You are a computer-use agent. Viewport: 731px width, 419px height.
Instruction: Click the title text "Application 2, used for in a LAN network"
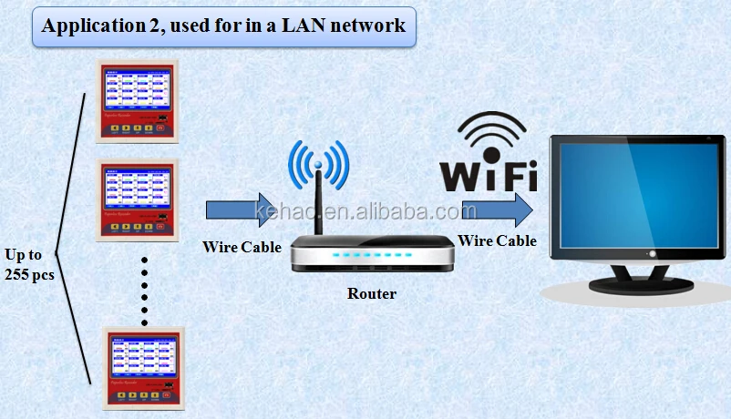point(223,26)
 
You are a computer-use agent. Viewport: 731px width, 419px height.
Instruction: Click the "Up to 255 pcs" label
point(29,263)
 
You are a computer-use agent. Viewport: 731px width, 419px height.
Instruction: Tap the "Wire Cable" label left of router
point(242,247)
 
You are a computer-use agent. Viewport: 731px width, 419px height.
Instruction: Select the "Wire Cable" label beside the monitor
point(497,241)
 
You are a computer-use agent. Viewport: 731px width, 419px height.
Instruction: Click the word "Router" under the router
point(372,294)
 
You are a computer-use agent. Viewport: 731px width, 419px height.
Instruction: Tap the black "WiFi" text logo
point(489,174)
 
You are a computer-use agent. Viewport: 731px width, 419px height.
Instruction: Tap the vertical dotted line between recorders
point(144,291)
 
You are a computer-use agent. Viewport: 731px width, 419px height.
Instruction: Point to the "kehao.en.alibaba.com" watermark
point(365,211)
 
